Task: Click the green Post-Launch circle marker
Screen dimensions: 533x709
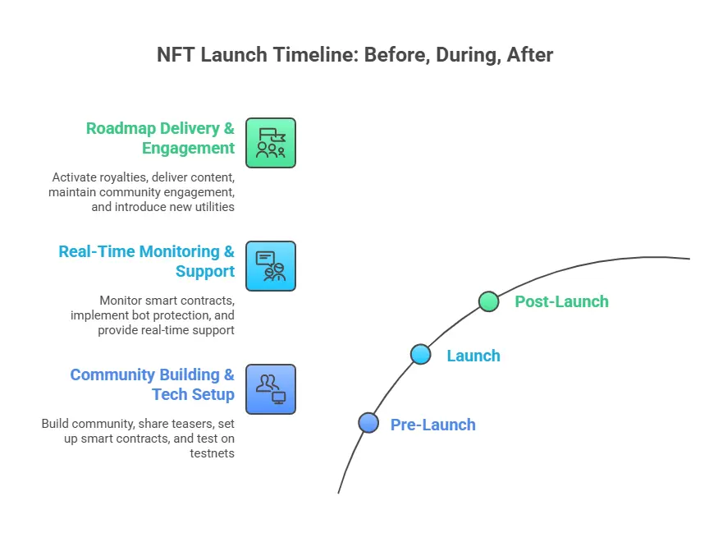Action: [488, 301]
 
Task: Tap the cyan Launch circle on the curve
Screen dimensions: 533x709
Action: [420, 354]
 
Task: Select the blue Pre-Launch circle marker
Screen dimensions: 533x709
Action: [368, 422]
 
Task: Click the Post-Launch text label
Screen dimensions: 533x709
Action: [561, 301]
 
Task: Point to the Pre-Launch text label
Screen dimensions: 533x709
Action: [432, 425]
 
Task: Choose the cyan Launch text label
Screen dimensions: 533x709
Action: [473, 356]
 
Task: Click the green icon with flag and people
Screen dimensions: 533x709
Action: [271, 143]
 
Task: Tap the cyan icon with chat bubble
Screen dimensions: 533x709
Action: [271, 266]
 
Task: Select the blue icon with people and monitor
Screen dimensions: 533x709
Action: [271, 389]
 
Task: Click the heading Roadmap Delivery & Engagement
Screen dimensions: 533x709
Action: [160, 138]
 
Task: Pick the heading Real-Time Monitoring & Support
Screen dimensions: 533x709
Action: [146, 261]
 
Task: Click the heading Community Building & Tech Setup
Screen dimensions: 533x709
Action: [152, 384]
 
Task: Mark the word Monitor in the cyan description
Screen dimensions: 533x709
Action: [122, 301]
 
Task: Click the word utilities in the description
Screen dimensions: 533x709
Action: [210, 207]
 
